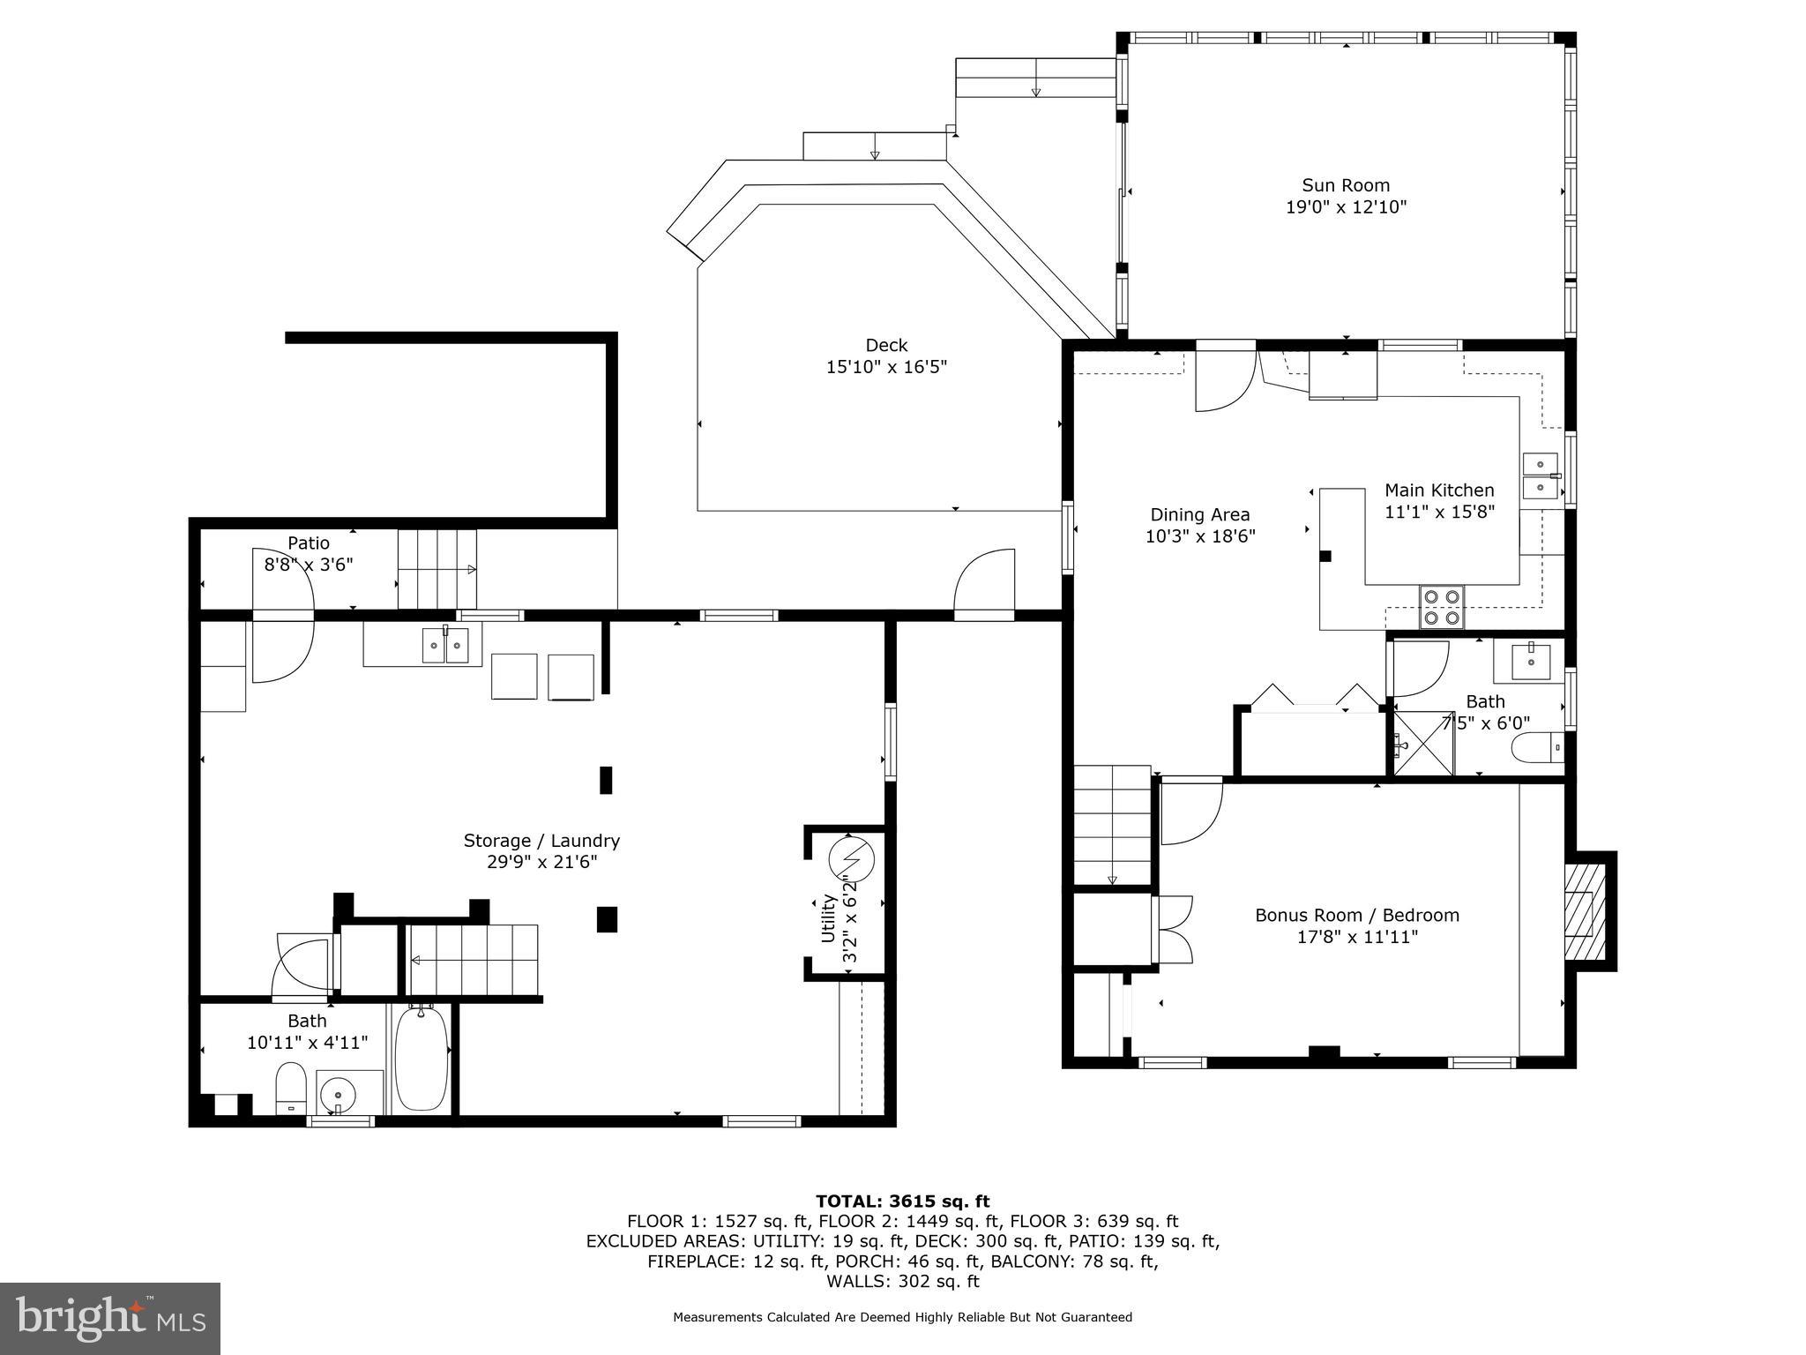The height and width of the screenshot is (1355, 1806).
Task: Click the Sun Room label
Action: pos(1346,185)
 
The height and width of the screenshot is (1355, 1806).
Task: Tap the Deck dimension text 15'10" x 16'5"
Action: pos(885,367)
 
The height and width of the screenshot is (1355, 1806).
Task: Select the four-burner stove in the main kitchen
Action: pos(1441,607)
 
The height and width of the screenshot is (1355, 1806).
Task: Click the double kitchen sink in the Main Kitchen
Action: pos(1540,475)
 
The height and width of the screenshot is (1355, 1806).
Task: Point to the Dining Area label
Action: pos(1199,514)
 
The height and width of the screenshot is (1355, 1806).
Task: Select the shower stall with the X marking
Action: pos(1422,743)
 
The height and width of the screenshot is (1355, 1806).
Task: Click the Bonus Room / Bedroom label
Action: pos(1356,915)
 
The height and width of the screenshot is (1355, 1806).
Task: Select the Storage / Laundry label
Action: pos(541,841)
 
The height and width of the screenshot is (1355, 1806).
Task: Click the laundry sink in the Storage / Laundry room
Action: pos(445,646)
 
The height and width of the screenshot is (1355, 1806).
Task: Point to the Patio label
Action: pos(308,543)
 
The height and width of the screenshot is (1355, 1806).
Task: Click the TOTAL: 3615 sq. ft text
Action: pos(902,1201)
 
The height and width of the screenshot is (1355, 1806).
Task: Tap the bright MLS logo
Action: pos(110,1318)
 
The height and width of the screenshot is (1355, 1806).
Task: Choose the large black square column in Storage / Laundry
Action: pos(607,919)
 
